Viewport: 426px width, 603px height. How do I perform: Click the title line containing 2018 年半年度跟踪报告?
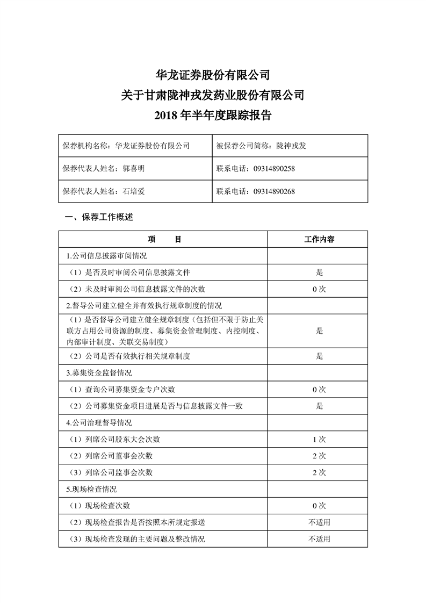[x=212, y=115]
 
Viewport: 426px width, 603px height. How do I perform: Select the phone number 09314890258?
[x=273, y=168]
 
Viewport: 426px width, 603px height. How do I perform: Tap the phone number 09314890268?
[x=273, y=191]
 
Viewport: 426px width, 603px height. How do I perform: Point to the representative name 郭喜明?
[x=134, y=168]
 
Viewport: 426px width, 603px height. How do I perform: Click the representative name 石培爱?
[x=134, y=191]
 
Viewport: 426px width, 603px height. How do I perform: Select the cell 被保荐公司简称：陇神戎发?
[x=261, y=145]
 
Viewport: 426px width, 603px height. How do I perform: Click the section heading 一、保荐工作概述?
[x=98, y=218]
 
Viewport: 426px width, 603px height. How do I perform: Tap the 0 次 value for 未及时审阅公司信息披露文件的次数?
[x=319, y=289]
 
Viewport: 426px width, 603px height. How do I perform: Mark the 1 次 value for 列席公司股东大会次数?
[x=319, y=439]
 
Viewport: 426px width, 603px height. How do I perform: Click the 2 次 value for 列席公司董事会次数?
[x=319, y=456]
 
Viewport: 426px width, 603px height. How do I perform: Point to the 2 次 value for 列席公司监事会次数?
[x=319, y=472]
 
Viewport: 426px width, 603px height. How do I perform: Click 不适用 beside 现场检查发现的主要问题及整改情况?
[x=319, y=539]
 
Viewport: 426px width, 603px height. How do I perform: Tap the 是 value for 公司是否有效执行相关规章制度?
[x=319, y=356]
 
